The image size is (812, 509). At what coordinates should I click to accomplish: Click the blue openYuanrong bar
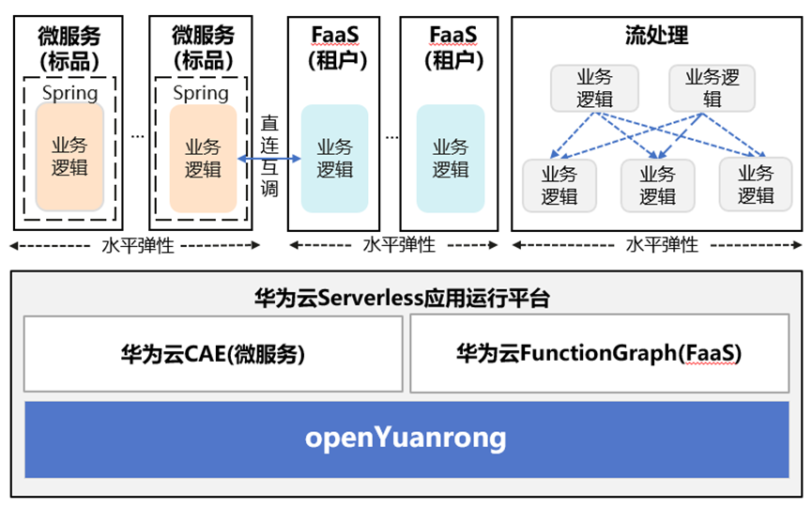(406, 438)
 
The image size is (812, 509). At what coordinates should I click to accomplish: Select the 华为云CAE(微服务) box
(213, 354)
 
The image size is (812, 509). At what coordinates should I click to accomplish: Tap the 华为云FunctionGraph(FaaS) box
(599, 354)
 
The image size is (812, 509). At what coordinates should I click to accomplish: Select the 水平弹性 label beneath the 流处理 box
(662, 245)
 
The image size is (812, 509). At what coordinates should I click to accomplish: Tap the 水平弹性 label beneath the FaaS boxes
(399, 245)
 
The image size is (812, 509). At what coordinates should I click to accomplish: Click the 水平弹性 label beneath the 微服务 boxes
(135, 245)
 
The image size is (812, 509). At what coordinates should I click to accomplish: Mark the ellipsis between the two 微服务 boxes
(137, 136)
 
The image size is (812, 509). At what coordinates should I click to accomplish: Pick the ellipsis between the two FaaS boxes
(391, 136)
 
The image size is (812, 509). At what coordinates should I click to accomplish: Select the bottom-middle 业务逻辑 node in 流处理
(657, 185)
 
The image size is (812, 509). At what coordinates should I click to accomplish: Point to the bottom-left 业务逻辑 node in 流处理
(559, 185)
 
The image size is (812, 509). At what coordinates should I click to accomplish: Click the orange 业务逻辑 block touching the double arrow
(203, 158)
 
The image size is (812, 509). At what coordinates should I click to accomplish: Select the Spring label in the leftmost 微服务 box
(69, 93)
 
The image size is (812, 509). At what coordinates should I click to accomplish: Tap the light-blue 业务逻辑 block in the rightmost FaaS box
(451, 158)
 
